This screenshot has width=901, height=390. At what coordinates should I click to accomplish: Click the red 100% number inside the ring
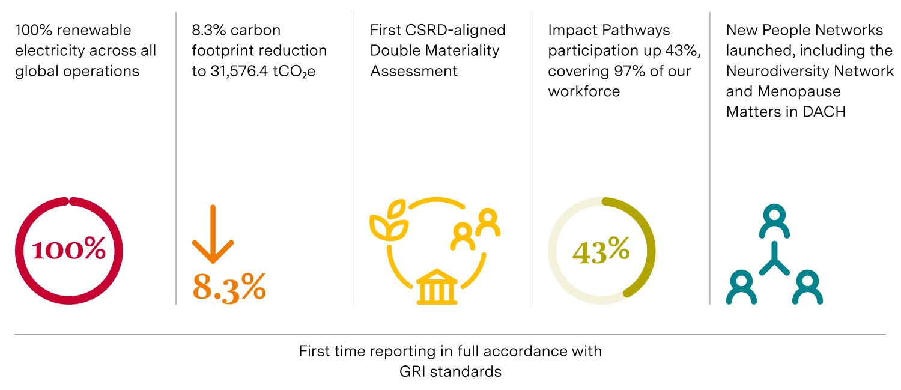click(x=68, y=250)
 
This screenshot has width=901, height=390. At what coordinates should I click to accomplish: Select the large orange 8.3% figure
click(x=229, y=287)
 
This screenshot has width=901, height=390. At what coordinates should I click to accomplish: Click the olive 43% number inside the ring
click(x=601, y=251)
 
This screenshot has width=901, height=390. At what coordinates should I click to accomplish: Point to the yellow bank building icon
click(x=437, y=287)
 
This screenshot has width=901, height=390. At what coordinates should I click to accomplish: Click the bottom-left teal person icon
click(x=741, y=288)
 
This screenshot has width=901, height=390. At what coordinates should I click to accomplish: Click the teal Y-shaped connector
click(x=775, y=260)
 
